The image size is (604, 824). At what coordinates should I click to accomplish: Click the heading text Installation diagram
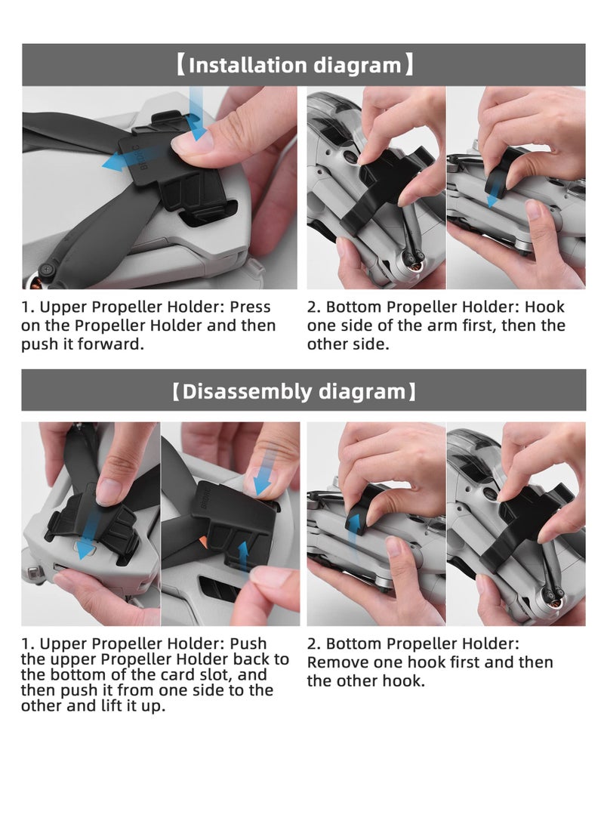294,65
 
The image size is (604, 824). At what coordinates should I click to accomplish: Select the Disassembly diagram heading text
294,391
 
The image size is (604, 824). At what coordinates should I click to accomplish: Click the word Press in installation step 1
251,307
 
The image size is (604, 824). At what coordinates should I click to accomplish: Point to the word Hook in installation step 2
544,307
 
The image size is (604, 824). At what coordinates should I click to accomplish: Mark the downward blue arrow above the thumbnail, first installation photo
196,114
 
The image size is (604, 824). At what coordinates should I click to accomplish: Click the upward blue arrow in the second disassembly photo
243,557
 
